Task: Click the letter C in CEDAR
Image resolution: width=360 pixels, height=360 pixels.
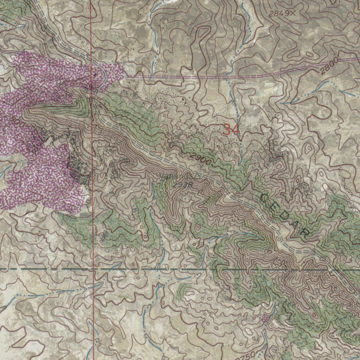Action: (x=264, y=198)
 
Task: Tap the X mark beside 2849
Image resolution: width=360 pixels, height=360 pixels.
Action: (x=293, y=13)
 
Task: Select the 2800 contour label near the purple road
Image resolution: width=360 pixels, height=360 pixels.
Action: (x=329, y=65)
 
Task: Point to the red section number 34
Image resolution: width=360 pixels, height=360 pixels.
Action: (x=231, y=130)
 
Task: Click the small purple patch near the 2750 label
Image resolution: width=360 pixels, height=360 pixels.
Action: (x=265, y=318)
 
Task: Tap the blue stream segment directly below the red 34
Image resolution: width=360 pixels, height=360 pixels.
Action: (x=241, y=151)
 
